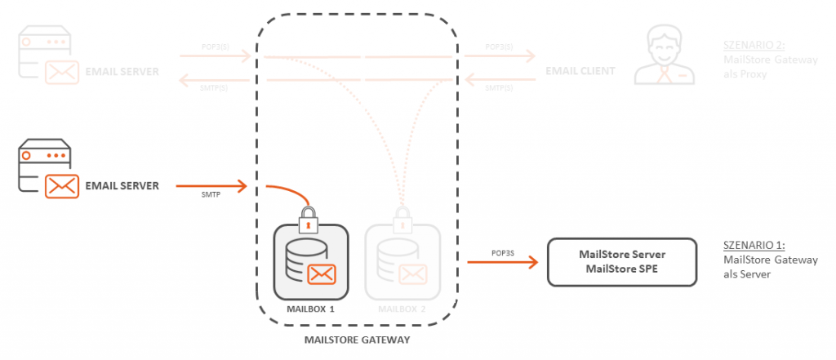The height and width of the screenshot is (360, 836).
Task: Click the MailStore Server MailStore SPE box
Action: tap(621, 262)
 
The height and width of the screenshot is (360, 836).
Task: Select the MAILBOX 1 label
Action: tap(311, 310)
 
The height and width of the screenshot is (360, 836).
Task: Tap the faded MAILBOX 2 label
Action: tap(402, 310)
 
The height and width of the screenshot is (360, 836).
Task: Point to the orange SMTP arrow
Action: tap(211, 186)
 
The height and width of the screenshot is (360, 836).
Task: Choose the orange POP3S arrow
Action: tap(502, 262)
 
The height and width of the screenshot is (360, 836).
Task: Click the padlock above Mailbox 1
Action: tap(308, 219)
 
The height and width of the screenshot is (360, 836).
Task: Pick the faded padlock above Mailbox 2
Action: tap(402, 219)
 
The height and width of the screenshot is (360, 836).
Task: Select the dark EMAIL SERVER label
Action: tap(122, 186)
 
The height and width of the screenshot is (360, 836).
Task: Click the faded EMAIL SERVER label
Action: tap(122, 72)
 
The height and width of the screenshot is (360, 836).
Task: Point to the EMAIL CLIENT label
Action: tap(580, 72)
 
